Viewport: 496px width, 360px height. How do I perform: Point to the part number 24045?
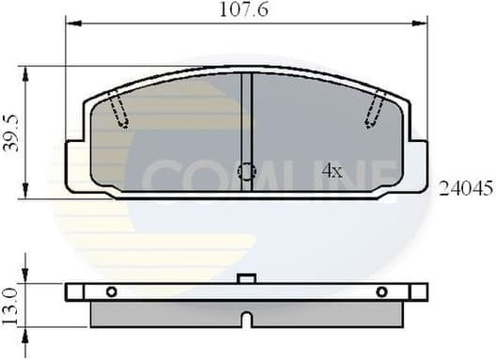(x=466, y=188)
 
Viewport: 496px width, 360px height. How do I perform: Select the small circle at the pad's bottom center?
(x=246, y=171)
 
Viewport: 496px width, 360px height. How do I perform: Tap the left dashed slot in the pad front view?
(x=117, y=109)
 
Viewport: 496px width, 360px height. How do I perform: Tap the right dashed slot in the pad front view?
(x=376, y=109)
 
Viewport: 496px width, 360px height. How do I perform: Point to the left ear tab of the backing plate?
(x=75, y=166)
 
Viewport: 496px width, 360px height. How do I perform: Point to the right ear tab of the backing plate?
(x=418, y=166)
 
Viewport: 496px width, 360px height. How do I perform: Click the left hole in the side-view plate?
(x=111, y=291)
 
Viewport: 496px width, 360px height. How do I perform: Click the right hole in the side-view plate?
(x=381, y=291)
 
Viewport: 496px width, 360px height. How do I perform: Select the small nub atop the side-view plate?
(x=246, y=278)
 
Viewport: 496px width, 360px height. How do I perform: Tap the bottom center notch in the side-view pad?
(x=246, y=320)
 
